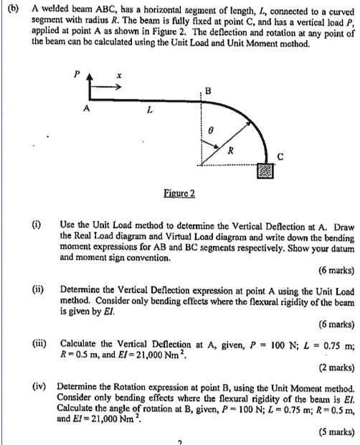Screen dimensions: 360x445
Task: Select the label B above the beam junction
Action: click(x=209, y=90)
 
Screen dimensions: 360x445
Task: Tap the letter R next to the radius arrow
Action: click(x=231, y=151)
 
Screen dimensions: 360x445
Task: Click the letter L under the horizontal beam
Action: click(x=148, y=110)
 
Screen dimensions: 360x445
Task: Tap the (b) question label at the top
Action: click(x=13, y=8)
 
